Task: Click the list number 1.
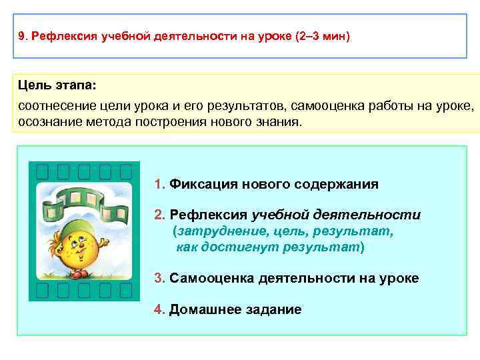158,184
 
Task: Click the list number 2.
158,215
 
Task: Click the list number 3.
158,278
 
